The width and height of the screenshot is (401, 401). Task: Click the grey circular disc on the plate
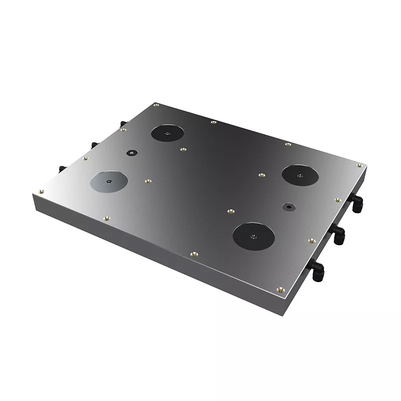(x=109, y=181)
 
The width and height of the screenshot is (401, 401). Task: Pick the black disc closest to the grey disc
(x=167, y=133)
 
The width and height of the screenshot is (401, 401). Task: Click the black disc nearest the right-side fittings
(x=299, y=174)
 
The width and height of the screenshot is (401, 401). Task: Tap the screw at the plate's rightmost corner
(x=359, y=164)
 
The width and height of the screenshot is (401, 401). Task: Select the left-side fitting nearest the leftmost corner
(x=62, y=168)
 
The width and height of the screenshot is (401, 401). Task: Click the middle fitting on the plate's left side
(x=94, y=145)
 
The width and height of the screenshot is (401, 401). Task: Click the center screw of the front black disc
(x=254, y=236)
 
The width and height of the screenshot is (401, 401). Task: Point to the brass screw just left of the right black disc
(x=261, y=175)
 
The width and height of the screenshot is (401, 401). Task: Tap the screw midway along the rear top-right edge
(x=288, y=145)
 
